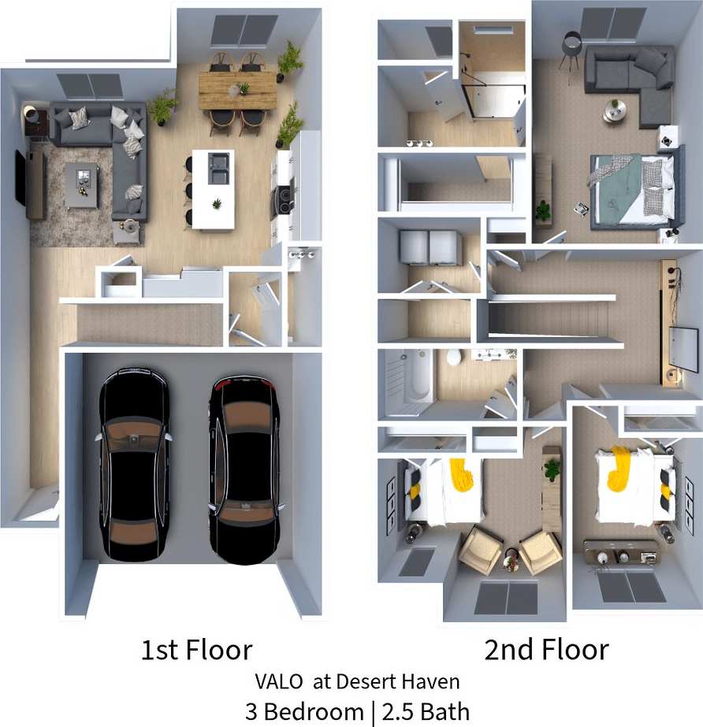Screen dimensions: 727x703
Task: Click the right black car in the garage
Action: tap(244, 469)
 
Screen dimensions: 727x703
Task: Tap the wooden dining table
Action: tap(237, 89)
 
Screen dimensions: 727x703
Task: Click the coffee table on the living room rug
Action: tap(82, 184)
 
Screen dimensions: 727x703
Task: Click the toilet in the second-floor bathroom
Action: tap(454, 358)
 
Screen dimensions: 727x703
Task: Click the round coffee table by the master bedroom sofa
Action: tap(614, 109)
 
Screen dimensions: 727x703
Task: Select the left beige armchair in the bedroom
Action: tap(480, 549)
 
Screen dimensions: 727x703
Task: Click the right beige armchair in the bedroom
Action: tap(540, 551)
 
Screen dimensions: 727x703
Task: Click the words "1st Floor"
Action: tap(196, 650)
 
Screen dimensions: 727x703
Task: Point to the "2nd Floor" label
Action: tap(546, 650)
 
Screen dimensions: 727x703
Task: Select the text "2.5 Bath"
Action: tap(426, 711)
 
